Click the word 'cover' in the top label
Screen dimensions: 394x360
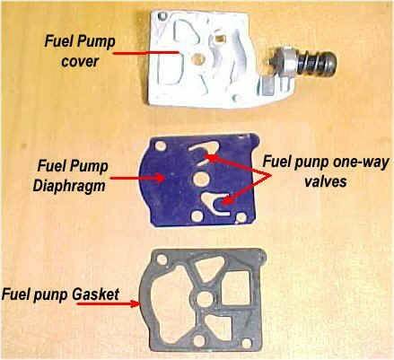click(x=80, y=61)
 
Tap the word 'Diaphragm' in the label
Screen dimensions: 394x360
click(x=69, y=186)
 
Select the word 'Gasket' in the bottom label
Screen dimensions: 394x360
click(x=96, y=294)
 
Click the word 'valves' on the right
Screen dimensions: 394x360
click(x=326, y=181)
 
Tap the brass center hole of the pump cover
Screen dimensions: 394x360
click(x=197, y=58)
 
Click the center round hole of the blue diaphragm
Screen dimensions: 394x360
click(x=201, y=179)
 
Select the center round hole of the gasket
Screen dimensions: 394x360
click(x=205, y=299)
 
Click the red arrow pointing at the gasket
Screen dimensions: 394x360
click(x=109, y=304)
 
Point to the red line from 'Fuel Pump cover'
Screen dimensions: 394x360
click(x=146, y=53)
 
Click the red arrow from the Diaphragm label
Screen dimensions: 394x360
click(x=137, y=178)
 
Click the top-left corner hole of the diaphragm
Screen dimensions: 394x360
click(x=161, y=146)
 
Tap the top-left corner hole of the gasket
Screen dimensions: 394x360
click(x=162, y=259)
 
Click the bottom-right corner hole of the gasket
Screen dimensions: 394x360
click(x=247, y=343)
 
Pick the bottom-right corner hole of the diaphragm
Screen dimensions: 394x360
click(x=241, y=218)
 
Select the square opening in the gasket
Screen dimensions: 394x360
click(x=236, y=289)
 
